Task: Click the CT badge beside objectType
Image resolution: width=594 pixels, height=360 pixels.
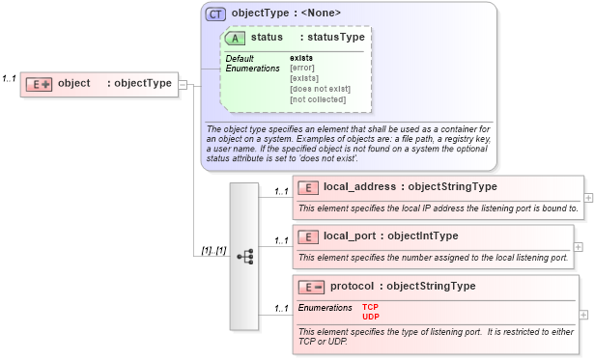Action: click(x=216, y=14)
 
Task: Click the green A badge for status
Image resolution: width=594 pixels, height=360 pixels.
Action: click(x=235, y=38)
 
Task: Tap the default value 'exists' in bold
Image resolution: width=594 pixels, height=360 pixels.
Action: click(x=300, y=58)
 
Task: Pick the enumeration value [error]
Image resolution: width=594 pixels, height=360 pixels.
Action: click(x=302, y=68)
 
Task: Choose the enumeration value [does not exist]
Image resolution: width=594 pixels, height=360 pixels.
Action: click(x=320, y=89)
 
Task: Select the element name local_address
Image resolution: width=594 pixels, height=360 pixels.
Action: click(x=359, y=186)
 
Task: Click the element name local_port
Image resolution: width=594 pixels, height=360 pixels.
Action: click(x=350, y=235)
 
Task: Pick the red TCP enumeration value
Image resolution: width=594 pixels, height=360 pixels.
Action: click(x=370, y=307)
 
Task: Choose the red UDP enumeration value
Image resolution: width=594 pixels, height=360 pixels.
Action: click(x=370, y=316)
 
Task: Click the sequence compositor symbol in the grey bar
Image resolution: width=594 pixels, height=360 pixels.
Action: click(x=245, y=256)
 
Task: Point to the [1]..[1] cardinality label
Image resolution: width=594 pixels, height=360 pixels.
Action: click(x=213, y=251)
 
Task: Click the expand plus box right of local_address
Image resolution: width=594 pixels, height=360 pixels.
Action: click(x=589, y=197)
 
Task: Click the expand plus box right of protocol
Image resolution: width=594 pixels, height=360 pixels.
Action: click(x=583, y=314)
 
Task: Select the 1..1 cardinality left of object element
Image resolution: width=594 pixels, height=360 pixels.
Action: click(x=11, y=78)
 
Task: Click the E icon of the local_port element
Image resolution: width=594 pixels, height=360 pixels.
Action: click(x=308, y=236)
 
